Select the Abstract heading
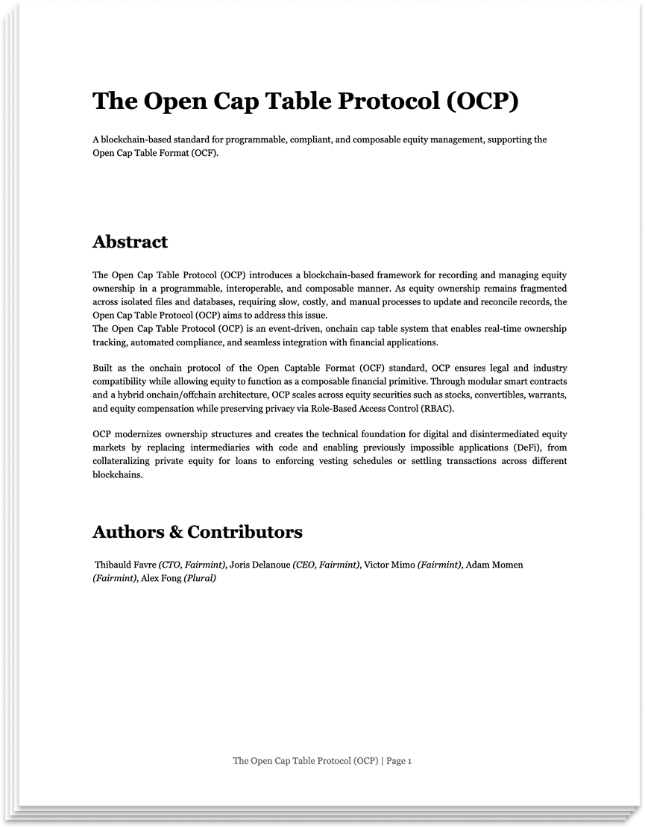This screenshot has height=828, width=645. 130,242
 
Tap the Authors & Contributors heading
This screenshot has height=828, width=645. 197,532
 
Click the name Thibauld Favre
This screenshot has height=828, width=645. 125,565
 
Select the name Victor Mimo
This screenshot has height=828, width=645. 388,565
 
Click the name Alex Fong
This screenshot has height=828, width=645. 160,578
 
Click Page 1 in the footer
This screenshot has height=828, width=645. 399,761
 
